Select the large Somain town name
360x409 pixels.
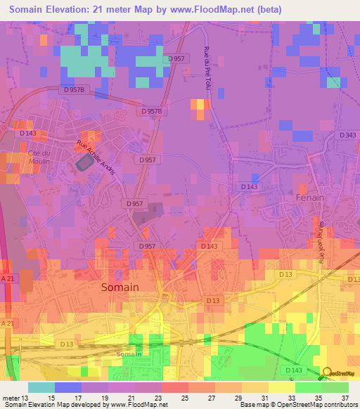pyautogui.click(x=120, y=287)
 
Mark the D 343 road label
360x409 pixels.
pyautogui.click(x=347, y=135)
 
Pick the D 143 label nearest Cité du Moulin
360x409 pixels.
pyautogui.click(x=28, y=133)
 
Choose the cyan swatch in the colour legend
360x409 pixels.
pyautogui.click(x=41, y=387)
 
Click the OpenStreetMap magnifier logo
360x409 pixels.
pyautogui.click(x=326, y=372)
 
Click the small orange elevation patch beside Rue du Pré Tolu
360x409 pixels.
pyautogui.click(x=200, y=109)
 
